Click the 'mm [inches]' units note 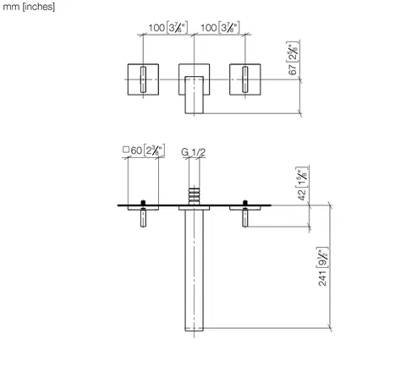point(29,7)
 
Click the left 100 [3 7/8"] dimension point(168,28)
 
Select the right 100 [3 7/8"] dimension point(220,28)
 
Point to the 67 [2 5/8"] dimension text point(293,58)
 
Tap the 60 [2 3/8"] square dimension point(144,150)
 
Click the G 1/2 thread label point(194,152)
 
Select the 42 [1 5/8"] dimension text point(301,183)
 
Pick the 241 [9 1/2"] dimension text point(322,266)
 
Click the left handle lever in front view point(143,79)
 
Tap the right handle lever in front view point(245,79)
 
